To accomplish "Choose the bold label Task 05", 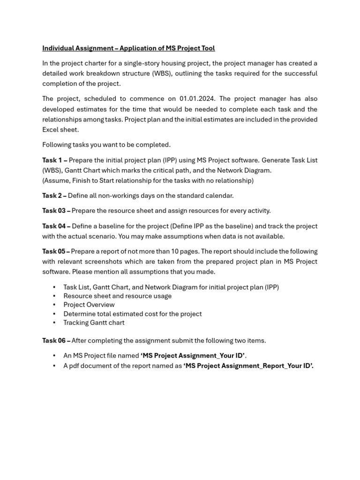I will coord(56,251).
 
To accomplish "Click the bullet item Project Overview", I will coord(89,305).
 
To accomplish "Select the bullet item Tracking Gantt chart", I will coord(94,322).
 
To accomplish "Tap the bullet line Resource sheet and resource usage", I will coord(117,296).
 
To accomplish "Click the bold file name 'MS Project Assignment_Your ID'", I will coord(193,356).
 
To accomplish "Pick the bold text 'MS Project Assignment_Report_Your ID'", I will coord(248,366).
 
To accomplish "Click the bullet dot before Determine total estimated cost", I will coord(54,314).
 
